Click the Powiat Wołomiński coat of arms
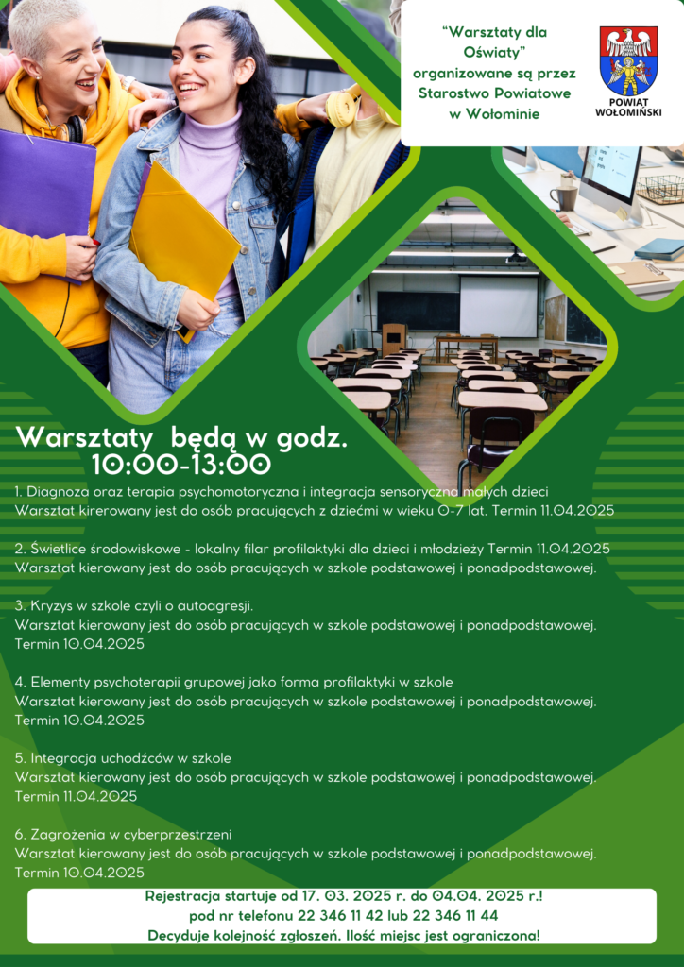628,60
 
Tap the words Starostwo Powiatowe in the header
494,93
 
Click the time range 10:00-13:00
181,465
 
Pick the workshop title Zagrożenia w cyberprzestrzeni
130,835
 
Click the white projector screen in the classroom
498,307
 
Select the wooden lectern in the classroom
394,340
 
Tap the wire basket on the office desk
660,189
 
